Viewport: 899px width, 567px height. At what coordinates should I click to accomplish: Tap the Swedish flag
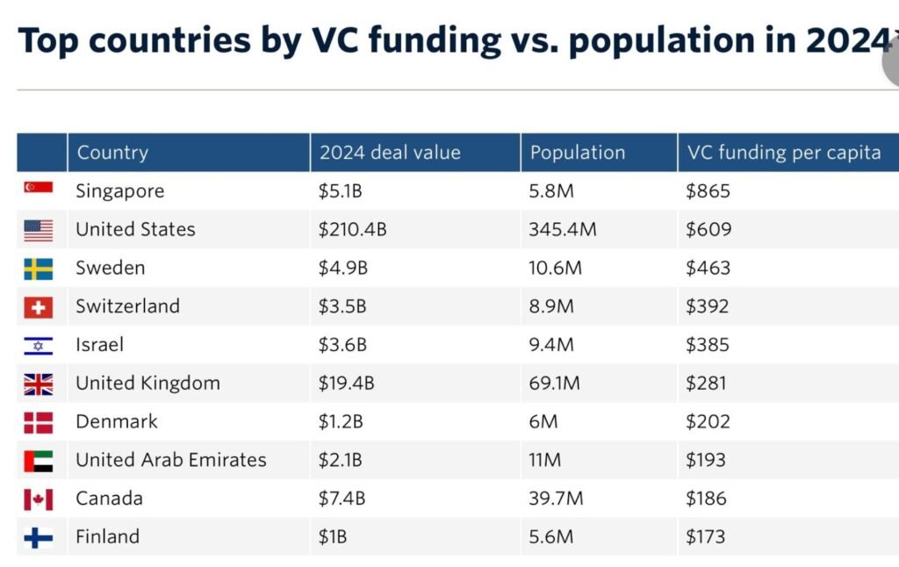point(38,268)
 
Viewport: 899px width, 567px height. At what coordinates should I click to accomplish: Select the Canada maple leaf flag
point(38,499)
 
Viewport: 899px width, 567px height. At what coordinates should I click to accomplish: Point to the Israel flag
point(38,345)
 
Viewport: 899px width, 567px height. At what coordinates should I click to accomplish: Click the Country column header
point(112,152)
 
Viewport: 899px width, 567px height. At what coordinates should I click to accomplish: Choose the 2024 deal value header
point(390,152)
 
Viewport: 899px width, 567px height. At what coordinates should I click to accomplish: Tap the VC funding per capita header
point(783,152)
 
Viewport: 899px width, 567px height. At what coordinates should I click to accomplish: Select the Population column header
point(578,152)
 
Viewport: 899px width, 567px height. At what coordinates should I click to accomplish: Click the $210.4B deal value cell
point(352,229)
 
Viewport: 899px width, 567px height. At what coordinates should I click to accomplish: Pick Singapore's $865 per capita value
point(708,190)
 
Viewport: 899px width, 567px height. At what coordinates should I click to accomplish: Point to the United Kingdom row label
point(147,383)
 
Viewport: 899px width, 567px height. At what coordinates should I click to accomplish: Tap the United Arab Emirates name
point(170,460)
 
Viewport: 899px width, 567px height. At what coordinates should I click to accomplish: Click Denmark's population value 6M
point(543,421)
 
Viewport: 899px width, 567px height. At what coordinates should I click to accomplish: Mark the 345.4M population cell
point(562,229)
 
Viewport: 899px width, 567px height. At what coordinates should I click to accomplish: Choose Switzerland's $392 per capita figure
point(708,306)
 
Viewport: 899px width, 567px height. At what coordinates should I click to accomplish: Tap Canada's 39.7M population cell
point(556,499)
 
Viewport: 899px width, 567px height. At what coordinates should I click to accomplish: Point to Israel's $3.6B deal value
point(342,345)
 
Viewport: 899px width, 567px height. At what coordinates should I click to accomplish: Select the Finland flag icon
point(38,537)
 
